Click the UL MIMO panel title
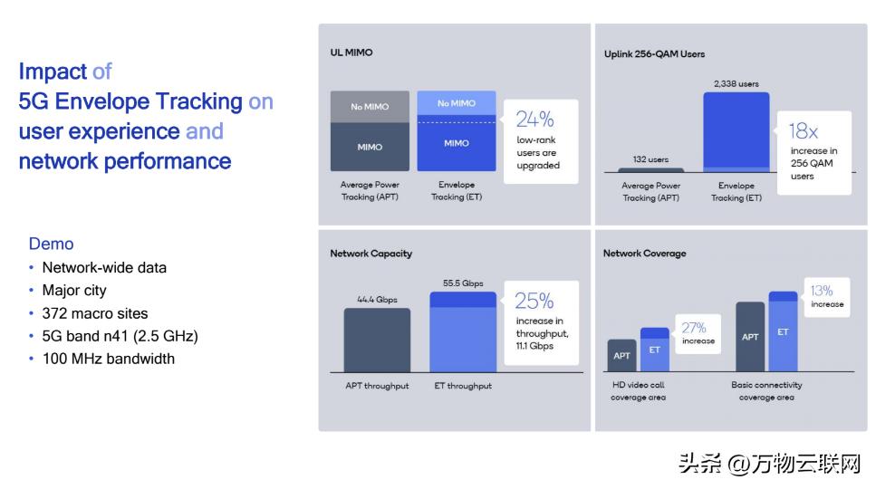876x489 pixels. [x=351, y=53]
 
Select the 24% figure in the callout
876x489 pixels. [x=534, y=120]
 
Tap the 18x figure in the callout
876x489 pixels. [x=803, y=131]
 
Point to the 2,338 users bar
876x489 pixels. [x=736, y=131]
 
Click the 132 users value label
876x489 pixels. [x=650, y=159]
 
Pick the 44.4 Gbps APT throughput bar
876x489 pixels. [x=377, y=340]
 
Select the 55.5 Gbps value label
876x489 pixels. [x=463, y=283]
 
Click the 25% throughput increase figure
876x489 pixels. [x=534, y=302]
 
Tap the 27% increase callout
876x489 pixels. [x=698, y=333]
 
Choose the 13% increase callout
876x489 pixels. [x=827, y=297]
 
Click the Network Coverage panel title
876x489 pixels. [x=645, y=254]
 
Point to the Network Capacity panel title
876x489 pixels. [x=371, y=254]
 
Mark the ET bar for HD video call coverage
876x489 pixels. [x=655, y=350]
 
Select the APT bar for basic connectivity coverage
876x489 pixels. [x=750, y=337]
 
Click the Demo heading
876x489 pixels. [x=52, y=244]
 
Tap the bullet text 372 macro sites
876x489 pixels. [x=95, y=313]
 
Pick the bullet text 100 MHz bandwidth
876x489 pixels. [x=109, y=359]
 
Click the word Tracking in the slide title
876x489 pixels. [x=199, y=101]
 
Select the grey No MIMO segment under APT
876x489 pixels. [x=370, y=107]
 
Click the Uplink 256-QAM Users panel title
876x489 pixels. [x=654, y=54]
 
